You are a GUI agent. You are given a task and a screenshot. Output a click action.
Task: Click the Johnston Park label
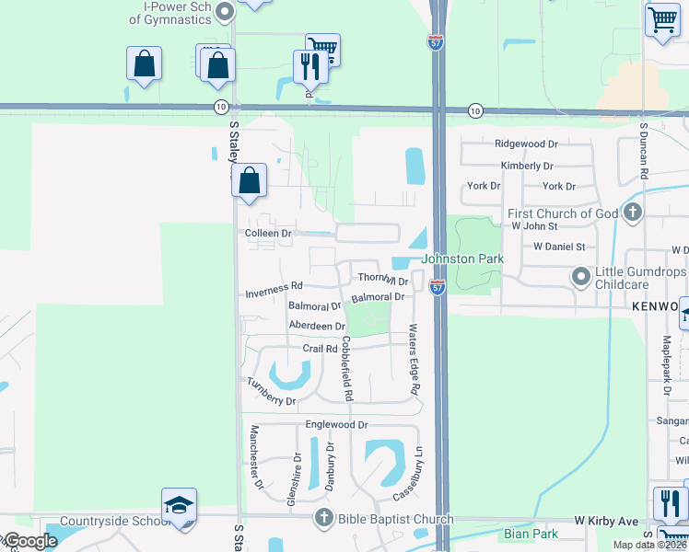pyautogui.click(x=462, y=259)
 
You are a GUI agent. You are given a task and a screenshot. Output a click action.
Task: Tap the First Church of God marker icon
pyautogui.click(x=632, y=213)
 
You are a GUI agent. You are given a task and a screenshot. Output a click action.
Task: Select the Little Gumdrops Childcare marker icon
pyautogui.click(x=581, y=275)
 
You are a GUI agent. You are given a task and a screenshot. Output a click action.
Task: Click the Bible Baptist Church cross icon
pyautogui.click(x=322, y=519)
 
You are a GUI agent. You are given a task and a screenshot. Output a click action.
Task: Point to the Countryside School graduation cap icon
pyautogui.click(x=179, y=505)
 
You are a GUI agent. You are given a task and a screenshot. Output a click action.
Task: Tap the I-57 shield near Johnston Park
pyautogui.click(x=438, y=287)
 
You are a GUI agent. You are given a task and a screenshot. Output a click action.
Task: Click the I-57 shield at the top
pyautogui.click(x=436, y=42)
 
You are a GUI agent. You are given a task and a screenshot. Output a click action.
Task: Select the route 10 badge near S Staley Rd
pyautogui.click(x=220, y=107)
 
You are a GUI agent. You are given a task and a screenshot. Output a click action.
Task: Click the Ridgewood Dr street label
pyautogui.click(x=526, y=144)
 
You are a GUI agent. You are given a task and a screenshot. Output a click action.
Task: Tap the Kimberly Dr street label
pyautogui.click(x=527, y=166)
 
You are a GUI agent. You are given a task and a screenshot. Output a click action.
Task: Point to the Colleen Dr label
pyautogui.click(x=268, y=234)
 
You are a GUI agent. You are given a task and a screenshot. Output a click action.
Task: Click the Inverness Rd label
pyautogui.click(x=274, y=295)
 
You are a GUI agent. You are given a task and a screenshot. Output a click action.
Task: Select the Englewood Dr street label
pyautogui.click(x=336, y=425)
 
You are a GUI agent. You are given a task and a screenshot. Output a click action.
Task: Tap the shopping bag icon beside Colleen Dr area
pyautogui.click(x=250, y=180)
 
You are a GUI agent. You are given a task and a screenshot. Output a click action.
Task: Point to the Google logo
pyautogui.click(x=29, y=541)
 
